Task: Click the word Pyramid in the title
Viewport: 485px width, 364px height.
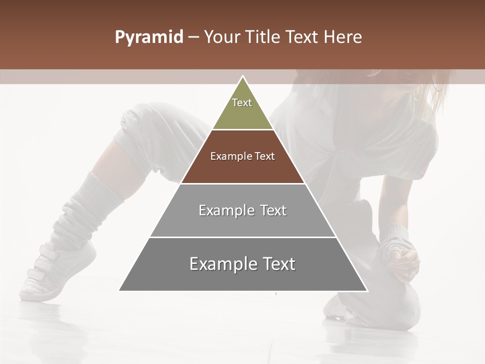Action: click(x=149, y=37)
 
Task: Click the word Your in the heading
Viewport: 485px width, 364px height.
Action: click(x=222, y=37)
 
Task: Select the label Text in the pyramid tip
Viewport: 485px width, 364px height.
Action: click(x=242, y=103)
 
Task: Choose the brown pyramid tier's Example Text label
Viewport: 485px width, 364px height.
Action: click(x=243, y=156)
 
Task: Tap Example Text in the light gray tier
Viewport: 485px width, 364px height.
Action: click(x=243, y=210)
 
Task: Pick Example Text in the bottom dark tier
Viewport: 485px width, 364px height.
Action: click(x=243, y=264)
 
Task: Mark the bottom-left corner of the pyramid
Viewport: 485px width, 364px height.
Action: click(x=120, y=291)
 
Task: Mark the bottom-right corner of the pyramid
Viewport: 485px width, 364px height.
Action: click(x=367, y=291)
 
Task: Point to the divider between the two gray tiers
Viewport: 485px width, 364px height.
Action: click(x=243, y=237)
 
